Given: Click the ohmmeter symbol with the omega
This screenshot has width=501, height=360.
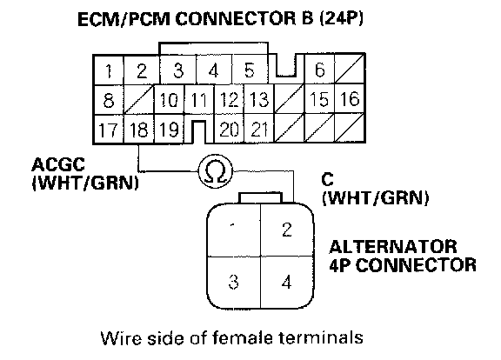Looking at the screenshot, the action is click(216, 171).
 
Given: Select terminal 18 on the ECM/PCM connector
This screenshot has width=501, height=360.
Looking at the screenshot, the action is click(139, 130).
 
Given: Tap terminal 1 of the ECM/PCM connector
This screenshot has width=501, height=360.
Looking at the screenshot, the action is click(109, 70).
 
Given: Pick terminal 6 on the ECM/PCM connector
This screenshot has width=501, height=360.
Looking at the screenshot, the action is click(319, 70).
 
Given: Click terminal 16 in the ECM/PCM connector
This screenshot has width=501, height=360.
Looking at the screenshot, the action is click(350, 99).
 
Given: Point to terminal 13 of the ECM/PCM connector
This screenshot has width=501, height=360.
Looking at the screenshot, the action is click(259, 99).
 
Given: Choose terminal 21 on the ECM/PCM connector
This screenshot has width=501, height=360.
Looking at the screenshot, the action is click(259, 130).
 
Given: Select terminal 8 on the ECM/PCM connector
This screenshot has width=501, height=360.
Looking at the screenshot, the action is click(109, 100).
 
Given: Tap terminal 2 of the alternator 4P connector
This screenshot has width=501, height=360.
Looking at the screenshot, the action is click(287, 230).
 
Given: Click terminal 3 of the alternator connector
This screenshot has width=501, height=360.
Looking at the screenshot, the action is click(234, 282).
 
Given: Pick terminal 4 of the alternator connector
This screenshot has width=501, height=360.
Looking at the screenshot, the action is click(287, 282).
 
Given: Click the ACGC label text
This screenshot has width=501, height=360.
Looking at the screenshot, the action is click(58, 165).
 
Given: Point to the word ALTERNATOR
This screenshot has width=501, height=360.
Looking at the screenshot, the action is click(393, 247).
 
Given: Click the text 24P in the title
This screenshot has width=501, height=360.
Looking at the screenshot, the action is click(342, 18).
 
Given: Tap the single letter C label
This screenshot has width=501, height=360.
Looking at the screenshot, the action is click(328, 179).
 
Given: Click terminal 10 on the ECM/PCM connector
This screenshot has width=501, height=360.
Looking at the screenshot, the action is click(169, 100).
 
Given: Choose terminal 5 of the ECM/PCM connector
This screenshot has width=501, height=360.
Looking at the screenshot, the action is click(250, 70).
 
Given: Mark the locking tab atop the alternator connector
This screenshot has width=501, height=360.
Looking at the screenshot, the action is click(261, 197).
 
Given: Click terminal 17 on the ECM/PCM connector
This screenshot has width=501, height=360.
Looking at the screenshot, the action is click(109, 130).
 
